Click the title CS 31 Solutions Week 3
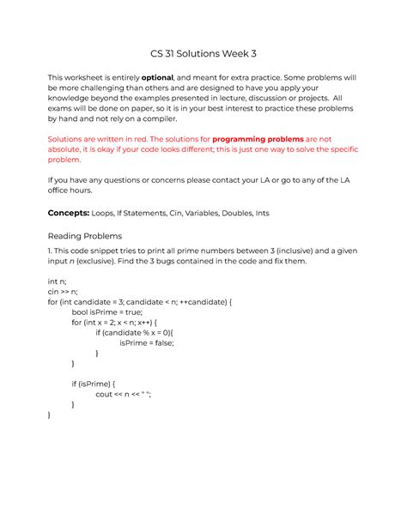pos(203,54)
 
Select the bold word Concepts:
pos(75,211)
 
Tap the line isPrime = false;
pos(147,342)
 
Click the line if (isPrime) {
pos(93,384)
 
